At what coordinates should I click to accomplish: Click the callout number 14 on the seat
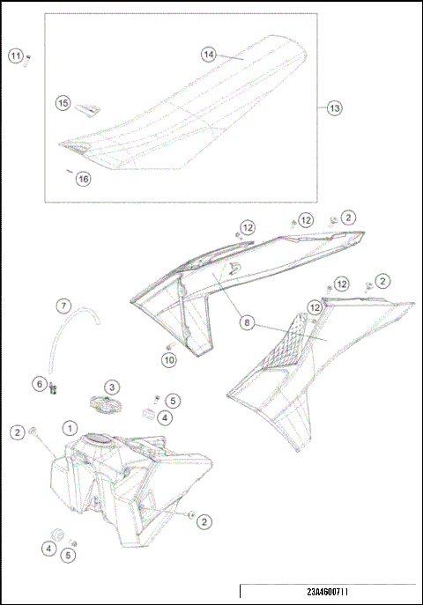pos(209,55)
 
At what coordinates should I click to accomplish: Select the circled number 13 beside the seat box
pos(334,108)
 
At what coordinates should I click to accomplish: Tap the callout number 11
pos(16,56)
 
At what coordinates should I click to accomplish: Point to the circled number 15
pos(63,103)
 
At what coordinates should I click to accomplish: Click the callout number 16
pos(83,179)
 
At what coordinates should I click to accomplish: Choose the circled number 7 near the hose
pos(63,306)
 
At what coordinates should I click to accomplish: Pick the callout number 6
pos(39,383)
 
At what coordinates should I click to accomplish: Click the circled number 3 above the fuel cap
pos(113,387)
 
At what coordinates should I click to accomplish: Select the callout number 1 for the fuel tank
pos(69,427)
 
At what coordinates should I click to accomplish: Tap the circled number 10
pos(169,359)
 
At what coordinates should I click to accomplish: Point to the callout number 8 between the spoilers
pos(248,323)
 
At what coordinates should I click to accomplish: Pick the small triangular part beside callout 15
pos(86,109)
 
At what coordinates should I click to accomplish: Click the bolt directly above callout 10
pos(169,346)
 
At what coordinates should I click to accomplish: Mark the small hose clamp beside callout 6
pos(52,385)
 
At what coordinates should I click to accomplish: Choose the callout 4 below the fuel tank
pos(48,548)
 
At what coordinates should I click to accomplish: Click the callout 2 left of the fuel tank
pos(17,432)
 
